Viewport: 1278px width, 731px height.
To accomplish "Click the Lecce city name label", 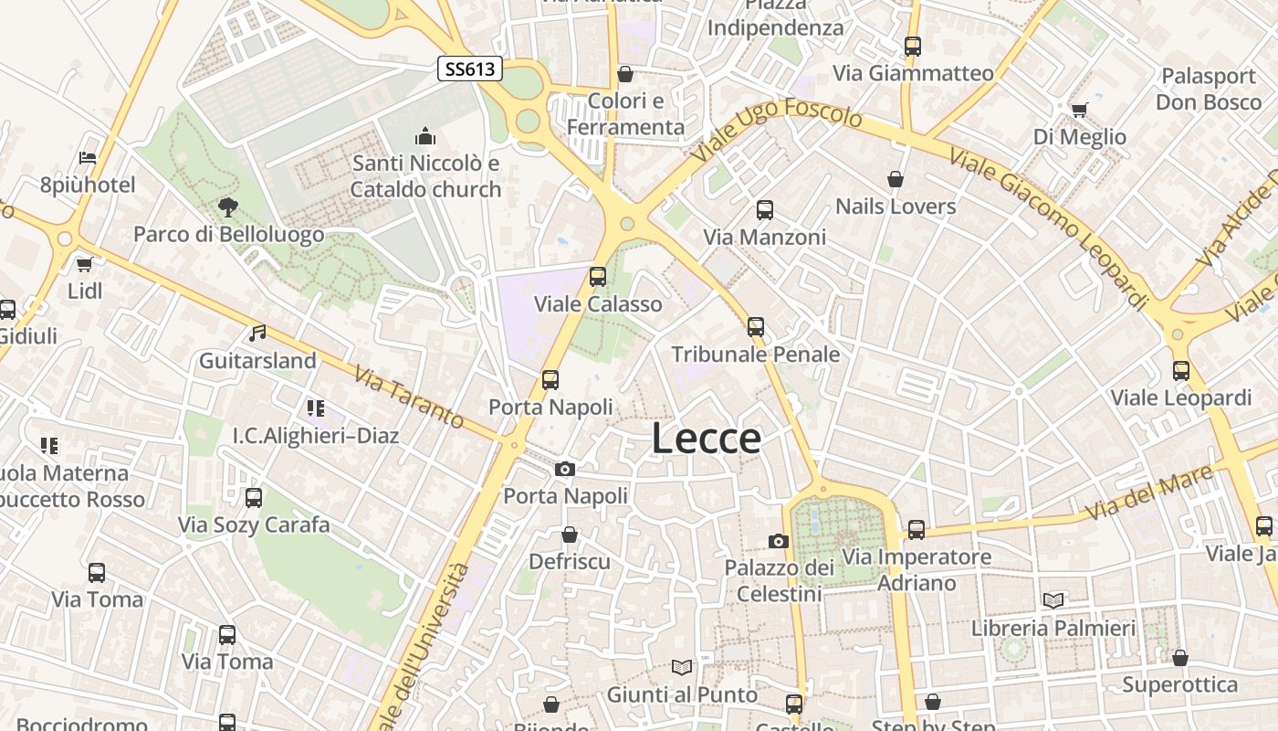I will click(707, 439).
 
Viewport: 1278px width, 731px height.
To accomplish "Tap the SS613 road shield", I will click(470, 69).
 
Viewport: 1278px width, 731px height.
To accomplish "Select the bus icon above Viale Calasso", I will click(598, 276).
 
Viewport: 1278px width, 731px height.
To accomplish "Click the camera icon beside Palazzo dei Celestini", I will click(779, 541).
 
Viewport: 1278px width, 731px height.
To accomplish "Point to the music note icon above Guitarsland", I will click(258, 333).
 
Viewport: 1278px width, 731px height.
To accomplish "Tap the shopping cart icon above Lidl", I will click(85, 264).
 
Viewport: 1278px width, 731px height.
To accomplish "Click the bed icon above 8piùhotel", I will click(88, 158).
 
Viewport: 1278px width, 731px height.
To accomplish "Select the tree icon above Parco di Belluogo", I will click(228, 207).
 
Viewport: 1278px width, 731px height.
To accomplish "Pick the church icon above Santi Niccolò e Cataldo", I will click(425, 137).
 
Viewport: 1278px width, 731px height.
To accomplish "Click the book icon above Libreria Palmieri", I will click(1053, 600).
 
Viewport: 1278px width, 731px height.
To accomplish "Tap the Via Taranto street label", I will click(410, 397).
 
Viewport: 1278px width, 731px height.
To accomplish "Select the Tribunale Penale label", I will click(756, 354).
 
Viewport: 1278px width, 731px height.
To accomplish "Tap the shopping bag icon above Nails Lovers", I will click(896, 179).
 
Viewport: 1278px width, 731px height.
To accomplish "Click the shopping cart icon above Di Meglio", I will click(1080, 110).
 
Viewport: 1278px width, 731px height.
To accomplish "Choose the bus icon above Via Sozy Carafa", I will click(254, 498).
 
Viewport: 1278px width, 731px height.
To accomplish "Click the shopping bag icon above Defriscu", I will click(570, 534).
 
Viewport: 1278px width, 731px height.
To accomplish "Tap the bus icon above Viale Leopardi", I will click(1181, 371).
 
